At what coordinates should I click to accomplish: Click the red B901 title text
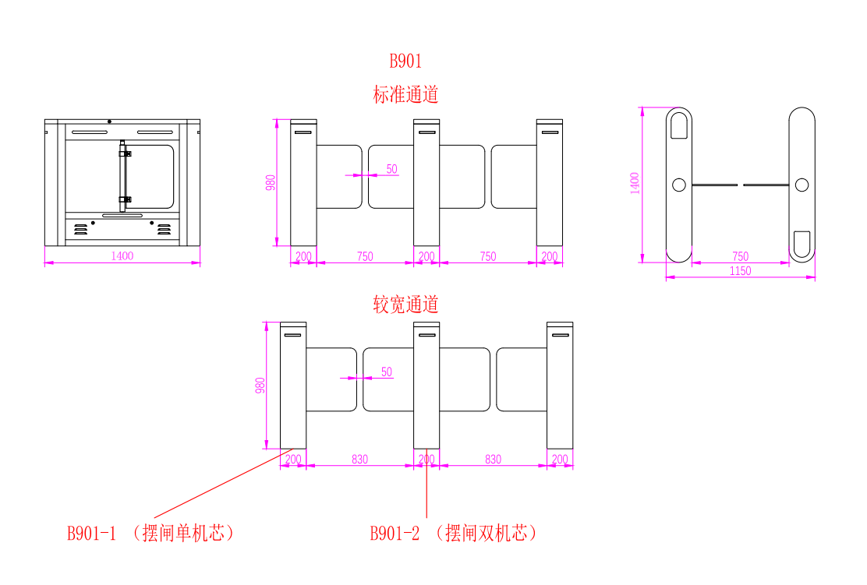tap(405, 61)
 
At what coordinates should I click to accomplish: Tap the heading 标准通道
tap(405, 95)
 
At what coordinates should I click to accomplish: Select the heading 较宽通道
tap(405, 305)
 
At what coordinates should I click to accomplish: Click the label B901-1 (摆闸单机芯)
tap(150, 534)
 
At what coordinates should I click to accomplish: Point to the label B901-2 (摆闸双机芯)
tap(453, 534)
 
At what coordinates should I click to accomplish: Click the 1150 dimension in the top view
tap(740, 271)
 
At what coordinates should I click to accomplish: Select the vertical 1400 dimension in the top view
tap(635, 184)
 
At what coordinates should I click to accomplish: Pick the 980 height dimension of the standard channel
tap(271, 182)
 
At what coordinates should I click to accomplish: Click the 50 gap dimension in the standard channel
tap(391, 169)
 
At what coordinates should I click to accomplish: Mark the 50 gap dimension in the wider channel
tap(387, 372)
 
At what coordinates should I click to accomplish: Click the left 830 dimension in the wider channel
tap(359, 460)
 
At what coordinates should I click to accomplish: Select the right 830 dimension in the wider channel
tap(493, 460)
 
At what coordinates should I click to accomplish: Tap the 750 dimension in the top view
tap(741, 256)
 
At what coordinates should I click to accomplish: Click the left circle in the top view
tap(679, 185)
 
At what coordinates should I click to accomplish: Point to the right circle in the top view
tap(802, 185)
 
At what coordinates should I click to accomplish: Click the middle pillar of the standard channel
tap(426, 183)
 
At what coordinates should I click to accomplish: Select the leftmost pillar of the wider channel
tap(293, 386)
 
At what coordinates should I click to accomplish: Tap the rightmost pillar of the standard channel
tap(550, 183)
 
